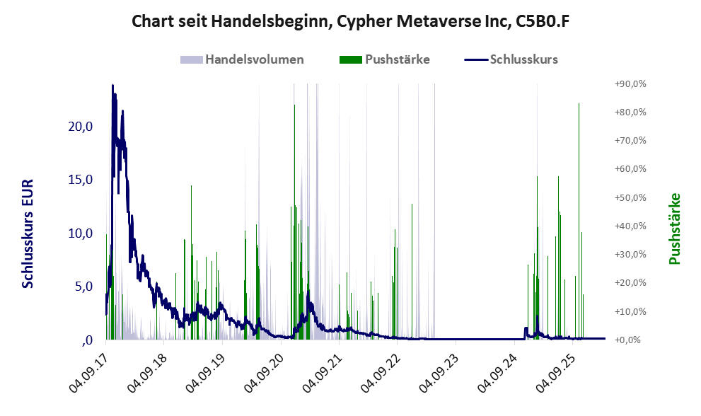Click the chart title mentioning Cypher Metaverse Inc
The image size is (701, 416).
pos(351,21)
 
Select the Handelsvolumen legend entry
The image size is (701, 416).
pos(254,59)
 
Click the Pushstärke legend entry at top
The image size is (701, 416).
pos(397,59)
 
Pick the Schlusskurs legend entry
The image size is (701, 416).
pos(523,59)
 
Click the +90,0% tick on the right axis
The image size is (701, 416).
pos(630,83)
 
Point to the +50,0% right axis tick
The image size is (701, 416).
pos(630,197)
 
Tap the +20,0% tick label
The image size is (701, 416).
pos(630,283)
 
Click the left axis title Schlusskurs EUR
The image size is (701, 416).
pos(28,233)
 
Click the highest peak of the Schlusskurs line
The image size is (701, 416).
pos(112,86)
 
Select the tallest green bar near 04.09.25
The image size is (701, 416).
pos(579,104)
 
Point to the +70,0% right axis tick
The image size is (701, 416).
pos(630,141)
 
